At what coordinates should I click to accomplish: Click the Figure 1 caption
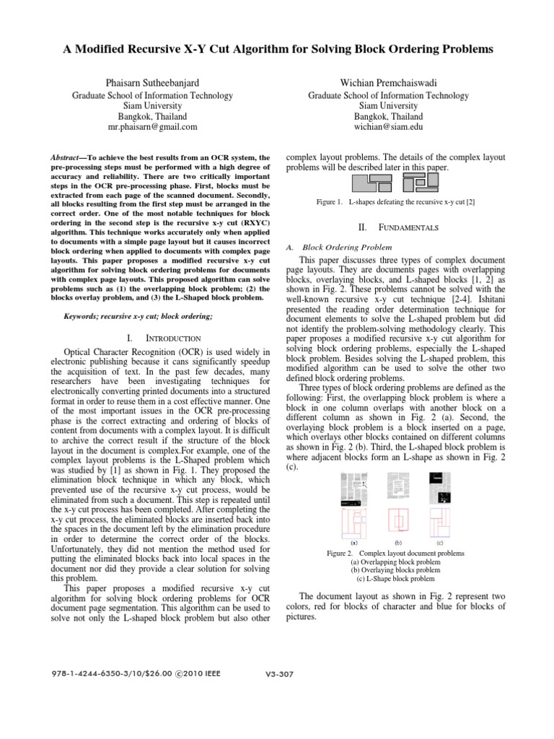coord(395,204)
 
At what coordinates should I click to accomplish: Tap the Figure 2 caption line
coord(395,553)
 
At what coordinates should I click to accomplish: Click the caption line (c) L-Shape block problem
coord(396,578)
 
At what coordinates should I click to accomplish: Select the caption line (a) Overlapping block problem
coord(396,561)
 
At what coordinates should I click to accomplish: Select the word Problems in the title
coord(465,49)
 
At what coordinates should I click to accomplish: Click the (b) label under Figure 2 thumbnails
coord(397,541)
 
